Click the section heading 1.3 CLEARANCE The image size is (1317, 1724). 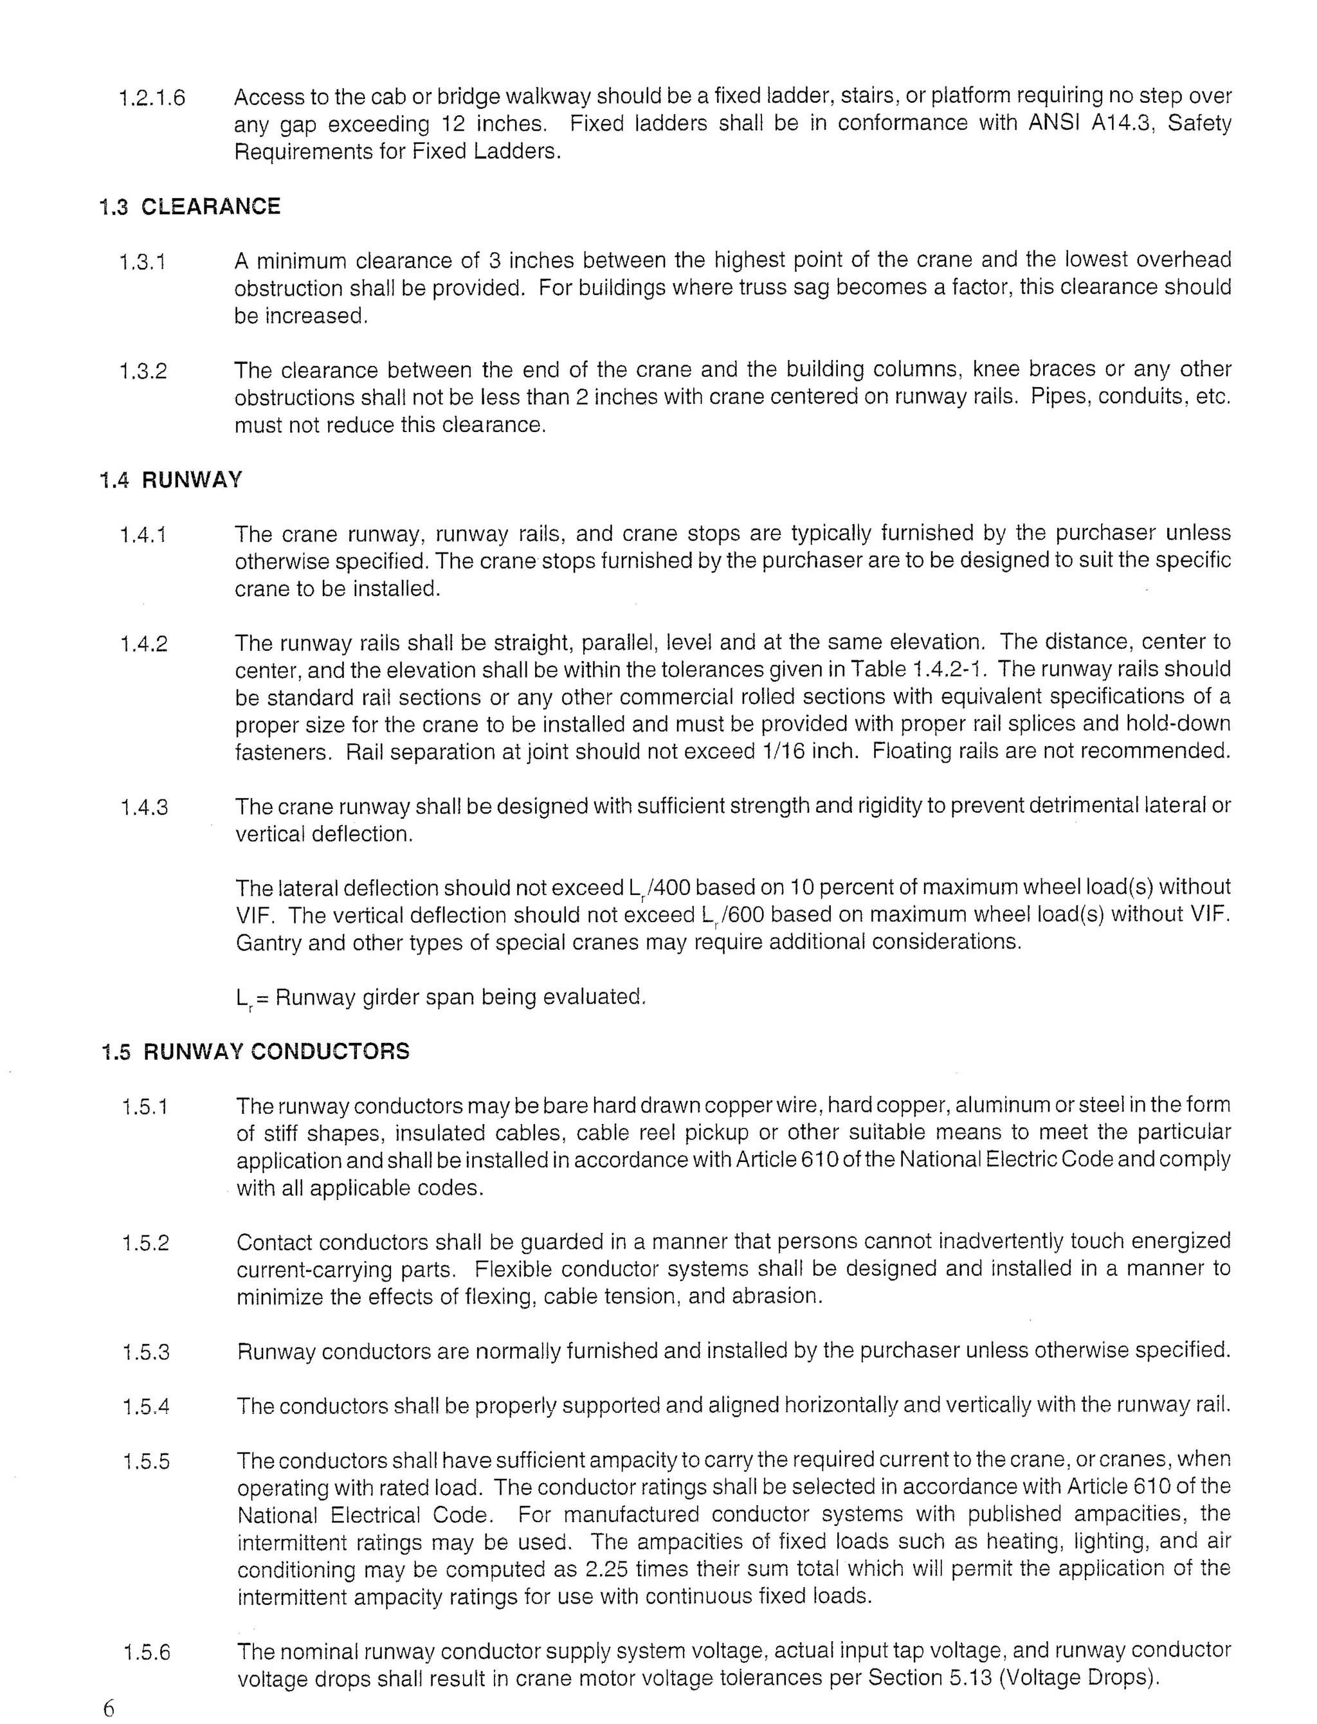pyautogui.click(x=190, y=206)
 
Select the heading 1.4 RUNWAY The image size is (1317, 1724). pyautogui.click(x=171, y=480)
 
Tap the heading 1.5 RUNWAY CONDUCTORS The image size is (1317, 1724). pyautogui.click(x=255, y=1051)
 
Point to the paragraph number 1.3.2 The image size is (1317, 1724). pyautogui.click(x=143, y=371)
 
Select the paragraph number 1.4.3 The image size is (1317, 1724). pyautogui.click(x=143, y=808)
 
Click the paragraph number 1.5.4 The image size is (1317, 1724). pyautogui.click(x=146, y=1407)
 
